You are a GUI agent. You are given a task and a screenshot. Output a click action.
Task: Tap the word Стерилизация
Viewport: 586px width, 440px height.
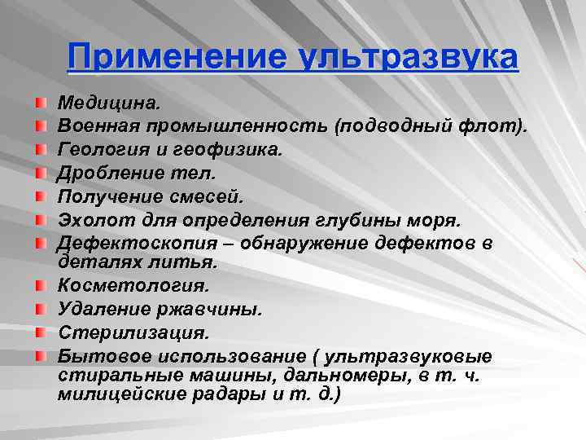click(133, 332)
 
